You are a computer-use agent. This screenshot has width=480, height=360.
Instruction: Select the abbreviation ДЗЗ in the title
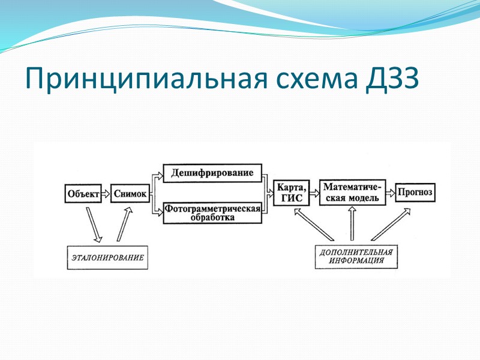(x=389, y=78)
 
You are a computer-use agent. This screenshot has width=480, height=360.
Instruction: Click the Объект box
(x=83, y=193)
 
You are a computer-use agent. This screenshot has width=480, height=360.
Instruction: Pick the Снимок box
(x=130, y=193)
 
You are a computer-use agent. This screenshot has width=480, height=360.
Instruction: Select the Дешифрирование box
(x=212, y=173)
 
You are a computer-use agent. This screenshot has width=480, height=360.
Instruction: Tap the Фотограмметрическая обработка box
(x=212, y=213)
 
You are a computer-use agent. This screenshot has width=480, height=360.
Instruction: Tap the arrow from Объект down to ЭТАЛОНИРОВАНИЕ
(x=95, y=224)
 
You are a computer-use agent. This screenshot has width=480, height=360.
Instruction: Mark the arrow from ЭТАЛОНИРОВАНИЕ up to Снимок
(x=124, y=223)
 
